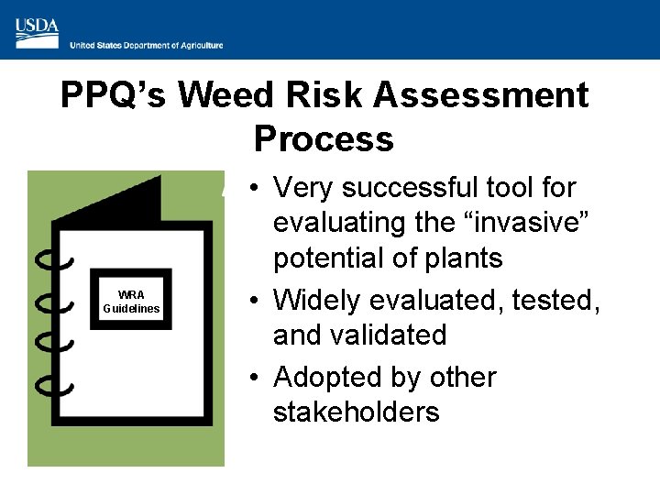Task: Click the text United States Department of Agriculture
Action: coord(147,45)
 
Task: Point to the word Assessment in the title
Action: coord(485,95)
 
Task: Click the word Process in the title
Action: coord(324,139)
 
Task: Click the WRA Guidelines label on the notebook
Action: coord(131,302)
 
